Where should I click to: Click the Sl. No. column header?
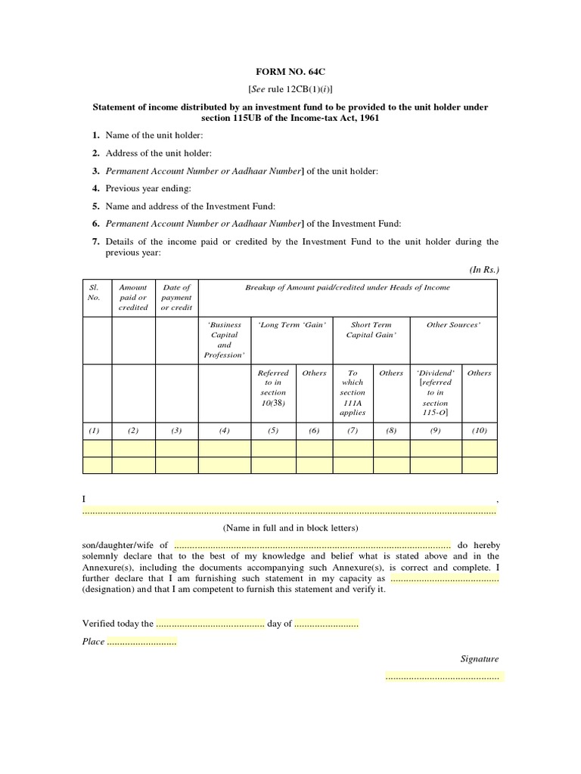(94, 292)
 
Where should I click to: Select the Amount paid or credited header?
(133, 297)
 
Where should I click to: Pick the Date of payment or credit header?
(176, 297)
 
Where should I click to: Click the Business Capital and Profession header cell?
(225, 339)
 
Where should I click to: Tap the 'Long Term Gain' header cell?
(292, 325)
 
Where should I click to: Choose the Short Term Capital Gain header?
(371, 330)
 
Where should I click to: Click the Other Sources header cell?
(453, 325)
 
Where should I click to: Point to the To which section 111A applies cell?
(353, 392)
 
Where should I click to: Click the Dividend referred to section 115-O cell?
(436, 392)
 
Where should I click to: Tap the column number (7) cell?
(353, 430)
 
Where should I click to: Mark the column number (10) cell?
(479, 430)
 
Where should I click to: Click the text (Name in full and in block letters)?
(290, 528)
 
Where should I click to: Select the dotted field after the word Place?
(141, 642)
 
